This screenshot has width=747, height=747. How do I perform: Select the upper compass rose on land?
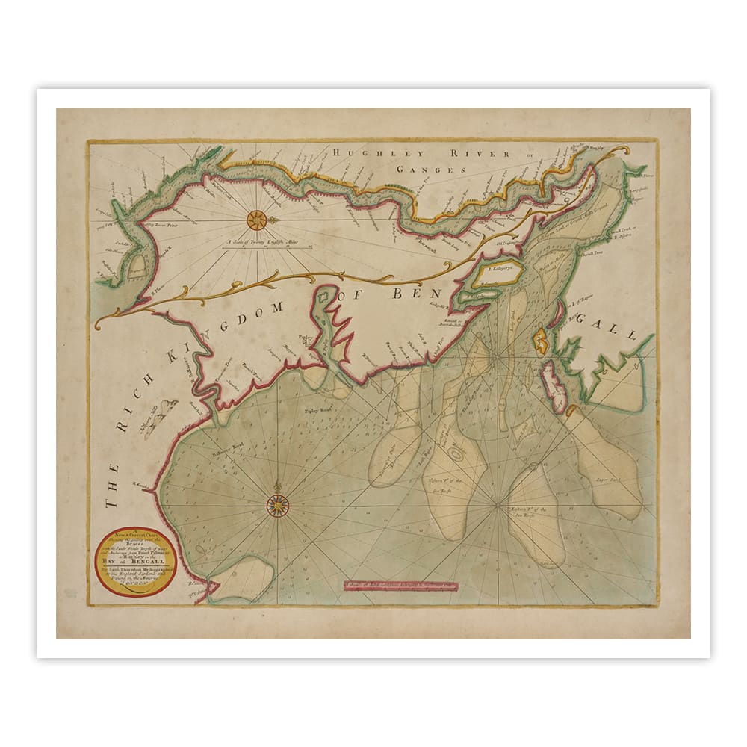(256, 219)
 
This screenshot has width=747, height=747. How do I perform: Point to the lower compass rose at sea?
(278, 506)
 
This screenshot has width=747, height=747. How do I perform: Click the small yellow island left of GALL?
(541, 342)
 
